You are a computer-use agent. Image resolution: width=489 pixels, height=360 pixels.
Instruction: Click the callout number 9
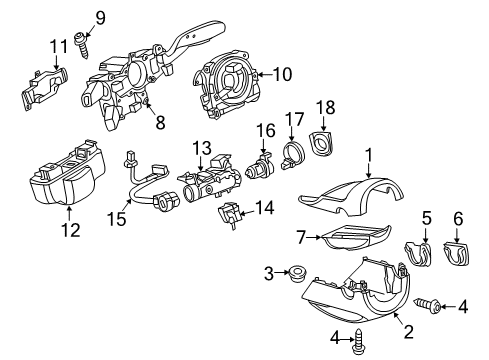click(100, 18)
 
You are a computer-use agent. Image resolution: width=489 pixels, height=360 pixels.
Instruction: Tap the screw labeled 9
click(81, 45)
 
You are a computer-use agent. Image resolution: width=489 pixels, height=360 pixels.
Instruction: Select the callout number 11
click(59, 47)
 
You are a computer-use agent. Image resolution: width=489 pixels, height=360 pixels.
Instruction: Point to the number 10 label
click(282, 74)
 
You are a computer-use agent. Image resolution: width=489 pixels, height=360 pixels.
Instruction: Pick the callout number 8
click(160, 122)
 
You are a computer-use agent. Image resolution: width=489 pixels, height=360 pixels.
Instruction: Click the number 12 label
click(70, 230)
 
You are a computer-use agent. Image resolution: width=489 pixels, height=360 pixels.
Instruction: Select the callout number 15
click(117, 219)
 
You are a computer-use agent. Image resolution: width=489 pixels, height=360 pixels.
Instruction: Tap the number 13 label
click(202, 148)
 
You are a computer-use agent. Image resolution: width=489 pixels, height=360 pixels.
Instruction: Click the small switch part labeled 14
click(228, 215)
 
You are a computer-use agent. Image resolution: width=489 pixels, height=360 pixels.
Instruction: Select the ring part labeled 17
click(293, 155)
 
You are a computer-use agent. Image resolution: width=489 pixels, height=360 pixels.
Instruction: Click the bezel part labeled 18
click(321, 144)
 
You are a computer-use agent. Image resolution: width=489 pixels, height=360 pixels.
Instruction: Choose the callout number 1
click(368, 157)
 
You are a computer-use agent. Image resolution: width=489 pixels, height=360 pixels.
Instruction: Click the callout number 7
click(301, 238)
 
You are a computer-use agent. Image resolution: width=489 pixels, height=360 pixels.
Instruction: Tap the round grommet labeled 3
click(297, 274)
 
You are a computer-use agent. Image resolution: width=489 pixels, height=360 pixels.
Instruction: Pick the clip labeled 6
click(456, 254)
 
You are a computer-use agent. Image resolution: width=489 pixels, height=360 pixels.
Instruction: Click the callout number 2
click(409, 332)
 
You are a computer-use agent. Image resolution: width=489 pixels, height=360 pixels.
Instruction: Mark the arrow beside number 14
click(247, 213)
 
